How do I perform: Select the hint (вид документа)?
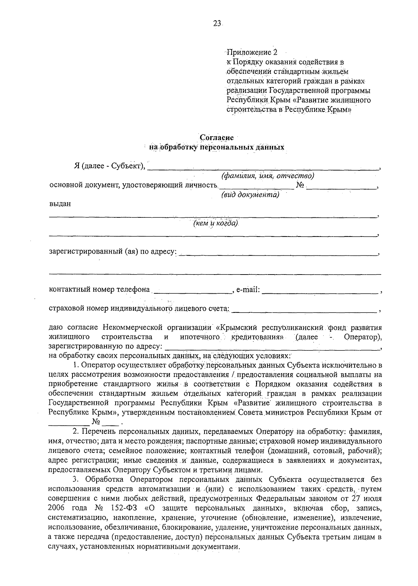point(250,195)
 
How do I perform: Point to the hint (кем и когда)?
point(216,223)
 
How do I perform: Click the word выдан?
point(60,204)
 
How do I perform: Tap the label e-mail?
point(248,290)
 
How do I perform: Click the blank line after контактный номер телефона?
point(192,292)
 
